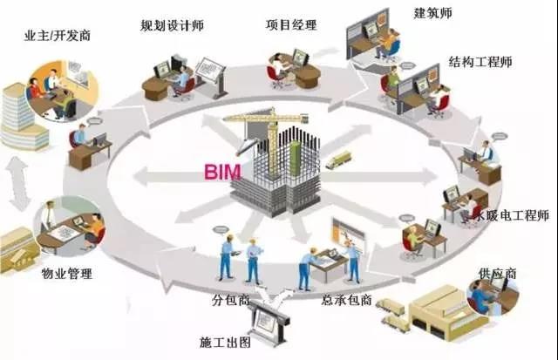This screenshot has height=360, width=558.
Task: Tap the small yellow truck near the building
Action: tap(338, 160)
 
